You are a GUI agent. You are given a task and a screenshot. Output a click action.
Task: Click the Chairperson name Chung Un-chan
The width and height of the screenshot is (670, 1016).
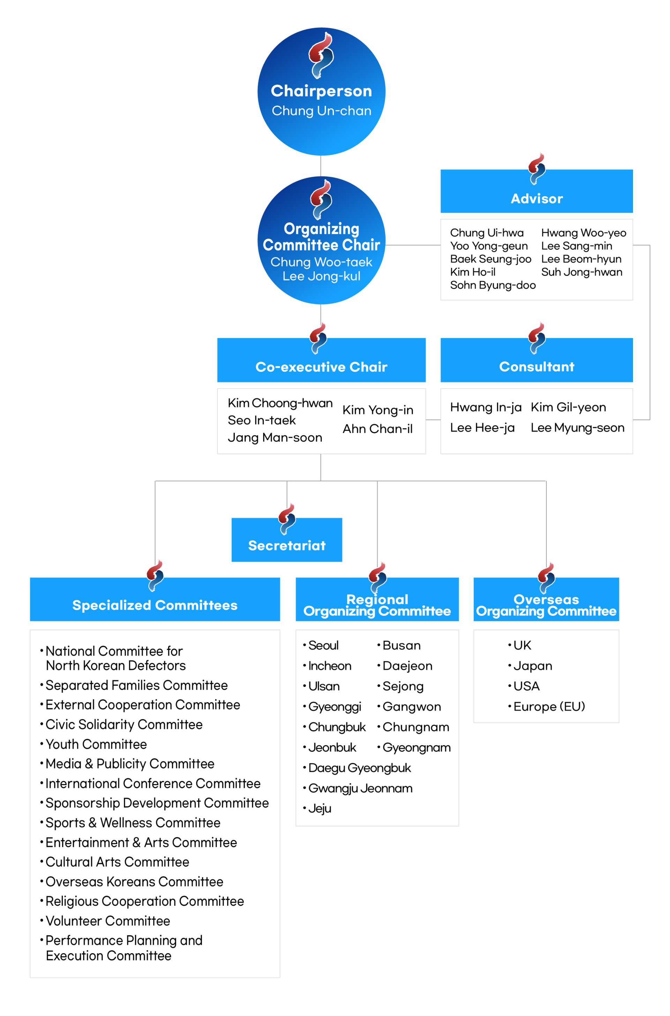(321, 111)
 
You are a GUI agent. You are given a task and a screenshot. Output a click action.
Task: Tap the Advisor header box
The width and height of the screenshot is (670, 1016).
(536, 191)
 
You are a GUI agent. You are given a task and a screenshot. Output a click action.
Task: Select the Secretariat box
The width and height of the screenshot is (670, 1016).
(287, 539)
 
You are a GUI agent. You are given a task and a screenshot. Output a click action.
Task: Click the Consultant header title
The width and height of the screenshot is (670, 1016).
(537, 366)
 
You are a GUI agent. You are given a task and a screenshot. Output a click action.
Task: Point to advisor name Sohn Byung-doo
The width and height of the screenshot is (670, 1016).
(493, 285)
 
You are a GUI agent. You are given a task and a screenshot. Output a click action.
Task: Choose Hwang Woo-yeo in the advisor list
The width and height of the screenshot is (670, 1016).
(584, 233)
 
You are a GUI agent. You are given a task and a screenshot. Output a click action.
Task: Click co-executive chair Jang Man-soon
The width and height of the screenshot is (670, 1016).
(275, 437)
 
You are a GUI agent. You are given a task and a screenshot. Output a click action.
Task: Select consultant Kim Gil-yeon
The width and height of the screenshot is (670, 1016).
(568, 407)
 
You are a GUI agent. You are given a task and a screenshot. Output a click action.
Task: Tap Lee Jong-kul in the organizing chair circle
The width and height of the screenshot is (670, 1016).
(321, 276)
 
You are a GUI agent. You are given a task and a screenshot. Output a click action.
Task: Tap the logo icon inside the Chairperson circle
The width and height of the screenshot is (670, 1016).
(321, 56)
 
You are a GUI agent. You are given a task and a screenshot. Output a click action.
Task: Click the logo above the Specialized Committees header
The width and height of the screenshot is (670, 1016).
(155, 576)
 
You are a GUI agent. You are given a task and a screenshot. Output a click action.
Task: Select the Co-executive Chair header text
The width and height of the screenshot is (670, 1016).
(321, 367)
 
